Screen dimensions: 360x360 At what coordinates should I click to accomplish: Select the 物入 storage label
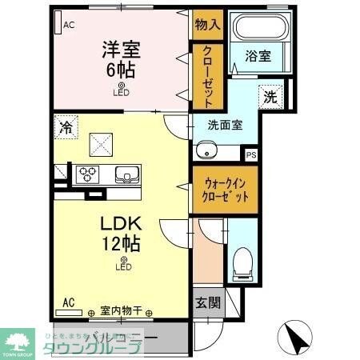[207, 25]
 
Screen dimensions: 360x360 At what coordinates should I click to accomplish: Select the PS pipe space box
[251, 155]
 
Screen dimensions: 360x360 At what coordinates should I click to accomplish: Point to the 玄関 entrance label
[205, 304]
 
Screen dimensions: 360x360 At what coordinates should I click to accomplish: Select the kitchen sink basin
[126, 174]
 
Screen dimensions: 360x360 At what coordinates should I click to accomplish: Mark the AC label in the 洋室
[69, 25]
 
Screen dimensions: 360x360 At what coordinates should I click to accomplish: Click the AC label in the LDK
[69, 302]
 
